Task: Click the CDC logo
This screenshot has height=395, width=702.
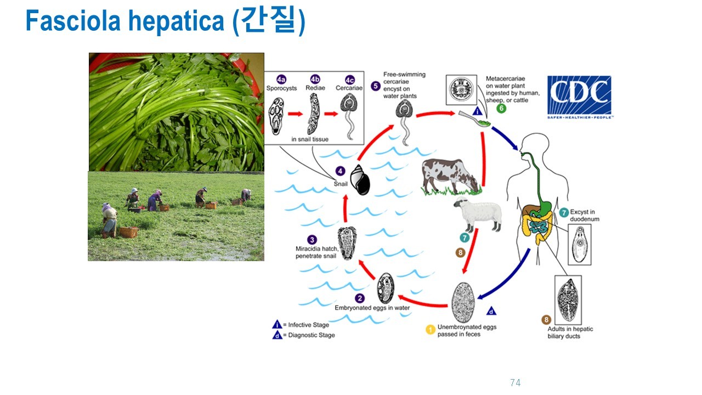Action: point(579,97)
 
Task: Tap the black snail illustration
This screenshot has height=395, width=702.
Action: point(360,180)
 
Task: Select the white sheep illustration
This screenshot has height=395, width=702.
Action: point(478,215)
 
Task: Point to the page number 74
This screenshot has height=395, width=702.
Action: point(515,382)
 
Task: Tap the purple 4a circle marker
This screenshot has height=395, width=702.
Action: point(281,79)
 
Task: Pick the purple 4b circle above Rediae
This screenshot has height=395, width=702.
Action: point(315,79)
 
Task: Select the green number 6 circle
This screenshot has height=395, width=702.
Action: point(501,108)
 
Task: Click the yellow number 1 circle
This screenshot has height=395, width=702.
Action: point(431,330)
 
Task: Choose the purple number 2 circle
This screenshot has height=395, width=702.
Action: point(360,298)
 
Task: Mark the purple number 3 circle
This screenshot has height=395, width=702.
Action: point(312,240)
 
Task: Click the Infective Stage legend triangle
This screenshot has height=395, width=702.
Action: point(278,325)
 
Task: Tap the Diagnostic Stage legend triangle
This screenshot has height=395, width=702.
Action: point(278,335)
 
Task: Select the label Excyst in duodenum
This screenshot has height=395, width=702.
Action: point(585,215)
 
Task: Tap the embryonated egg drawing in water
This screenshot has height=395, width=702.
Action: point(386,288)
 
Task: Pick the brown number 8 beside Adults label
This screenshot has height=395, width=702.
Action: point(546,319)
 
